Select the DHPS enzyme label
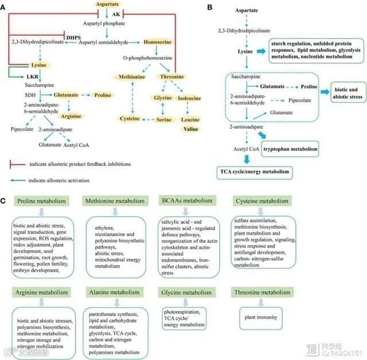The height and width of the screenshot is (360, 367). [x=72, y=37]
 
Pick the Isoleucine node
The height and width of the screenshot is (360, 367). [x=190, y=98]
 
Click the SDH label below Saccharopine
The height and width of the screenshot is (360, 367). [x=30, y=94]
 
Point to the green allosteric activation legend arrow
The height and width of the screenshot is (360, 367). [x=17, y=180]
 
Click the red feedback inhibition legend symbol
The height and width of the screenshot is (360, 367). [x=17, y=164]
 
